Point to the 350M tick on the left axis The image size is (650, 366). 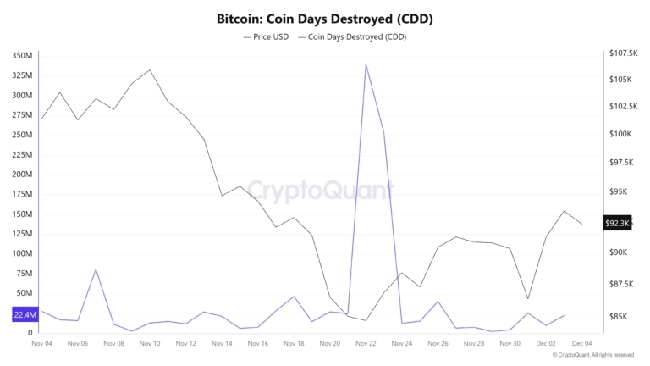point(22,55)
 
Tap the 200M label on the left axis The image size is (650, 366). point(22,175)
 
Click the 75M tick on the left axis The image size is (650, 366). point(25,274)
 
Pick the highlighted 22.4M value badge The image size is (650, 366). point(25,314)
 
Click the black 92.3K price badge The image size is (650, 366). point(617,223)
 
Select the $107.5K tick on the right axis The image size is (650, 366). point(623,53)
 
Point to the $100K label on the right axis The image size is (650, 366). point(620,134)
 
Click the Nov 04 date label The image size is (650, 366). point(42,343)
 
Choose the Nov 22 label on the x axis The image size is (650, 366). point(366,343)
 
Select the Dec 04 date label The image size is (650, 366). point(582,343)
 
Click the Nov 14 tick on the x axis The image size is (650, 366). point(222,343)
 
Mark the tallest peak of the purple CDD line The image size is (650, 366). point(366,64)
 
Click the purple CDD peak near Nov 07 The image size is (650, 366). point(96,269)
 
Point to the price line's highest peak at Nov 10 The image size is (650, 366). point(150,70)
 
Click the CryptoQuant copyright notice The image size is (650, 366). point(592,355)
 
